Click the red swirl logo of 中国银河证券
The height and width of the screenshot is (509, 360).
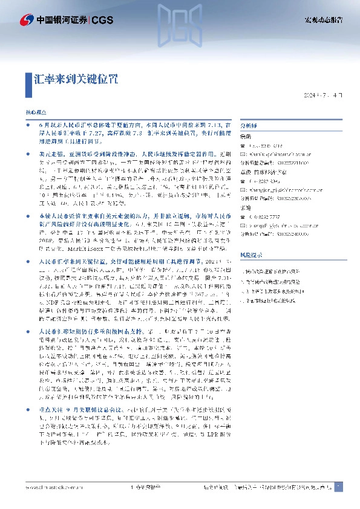(26, 21)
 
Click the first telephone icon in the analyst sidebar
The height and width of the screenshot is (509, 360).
(243, 146)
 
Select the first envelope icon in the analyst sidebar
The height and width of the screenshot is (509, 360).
(243, 154)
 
